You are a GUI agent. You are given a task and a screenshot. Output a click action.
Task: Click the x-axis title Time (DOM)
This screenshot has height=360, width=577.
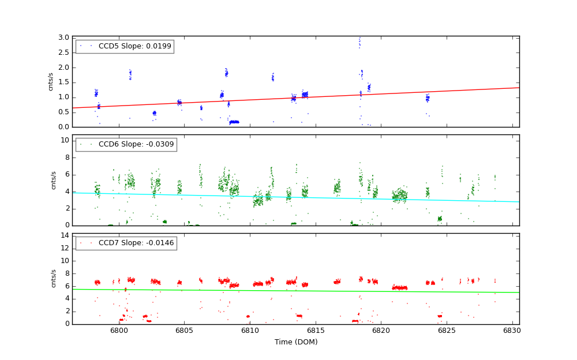pyautogui.click(x=295, y=342)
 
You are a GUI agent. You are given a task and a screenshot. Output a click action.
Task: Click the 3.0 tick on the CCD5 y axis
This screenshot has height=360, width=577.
pyautogui.click(x=63, y=37)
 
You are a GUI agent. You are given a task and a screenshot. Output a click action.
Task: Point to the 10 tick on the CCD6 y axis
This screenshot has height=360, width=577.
pyautogui.click(x=65, y=140)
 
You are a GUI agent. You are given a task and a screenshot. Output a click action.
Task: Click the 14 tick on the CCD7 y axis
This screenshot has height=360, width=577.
pyautogui.click(x=65, y=235)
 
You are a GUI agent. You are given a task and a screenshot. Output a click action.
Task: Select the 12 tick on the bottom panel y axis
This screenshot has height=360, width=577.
pyautogui.click(x=65, y=248)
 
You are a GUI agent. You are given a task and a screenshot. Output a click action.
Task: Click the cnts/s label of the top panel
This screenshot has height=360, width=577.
pyautogui.click(x=51, y=81)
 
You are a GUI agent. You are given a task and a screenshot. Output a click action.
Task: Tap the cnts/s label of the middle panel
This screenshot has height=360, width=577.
pyautogui.click(x=54, y=180)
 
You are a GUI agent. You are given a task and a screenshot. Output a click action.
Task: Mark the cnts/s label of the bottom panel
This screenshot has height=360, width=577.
pyautogui.click(x=54, y=279)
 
